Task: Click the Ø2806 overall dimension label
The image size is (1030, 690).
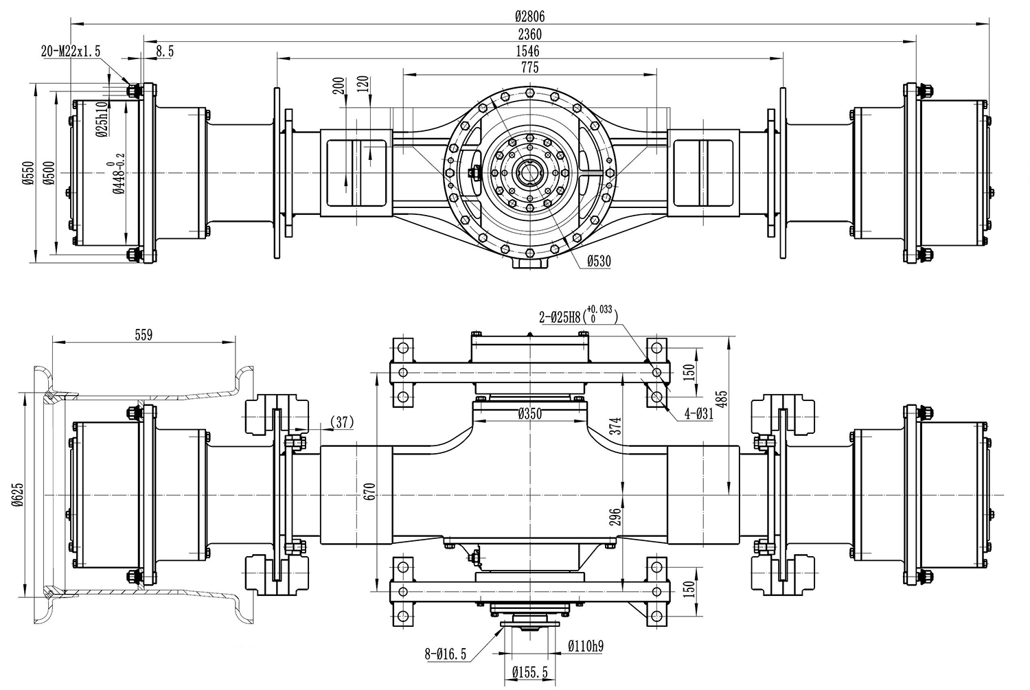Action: [529, 17]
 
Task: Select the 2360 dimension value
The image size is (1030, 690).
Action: [529, 34]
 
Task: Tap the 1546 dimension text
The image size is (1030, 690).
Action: [529, 51]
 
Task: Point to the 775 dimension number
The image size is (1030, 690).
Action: [529, 67]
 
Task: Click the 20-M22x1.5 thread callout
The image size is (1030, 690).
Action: [71, 51]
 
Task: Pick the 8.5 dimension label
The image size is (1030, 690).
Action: [165, 51]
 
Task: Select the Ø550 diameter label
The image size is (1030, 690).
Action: [28, 172]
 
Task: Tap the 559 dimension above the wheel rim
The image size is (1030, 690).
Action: [144, 335]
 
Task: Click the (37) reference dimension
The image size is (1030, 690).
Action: [341, 423]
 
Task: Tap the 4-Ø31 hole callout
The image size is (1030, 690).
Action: [698, 414]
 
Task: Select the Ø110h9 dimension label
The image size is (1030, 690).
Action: [586, 646]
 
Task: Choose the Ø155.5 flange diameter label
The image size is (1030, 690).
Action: [529, 674]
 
